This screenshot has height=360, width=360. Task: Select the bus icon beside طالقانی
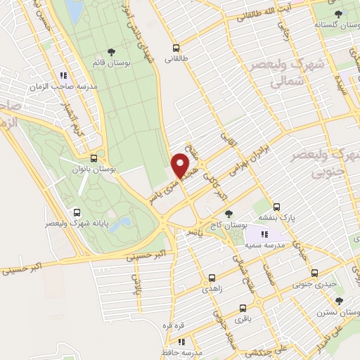point(176,48)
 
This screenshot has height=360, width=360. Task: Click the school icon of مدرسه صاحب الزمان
point(63,75)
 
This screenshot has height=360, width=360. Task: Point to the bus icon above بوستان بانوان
point(94,158)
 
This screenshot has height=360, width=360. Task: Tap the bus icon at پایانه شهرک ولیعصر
point(77,212)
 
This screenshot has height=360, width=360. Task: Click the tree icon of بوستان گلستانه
point(339,13)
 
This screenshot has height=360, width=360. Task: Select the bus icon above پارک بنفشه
point(277,207)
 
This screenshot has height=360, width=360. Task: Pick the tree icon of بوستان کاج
point(227,213)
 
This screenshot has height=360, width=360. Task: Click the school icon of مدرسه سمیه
point(264,234)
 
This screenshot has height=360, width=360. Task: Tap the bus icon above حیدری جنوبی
point(314,273)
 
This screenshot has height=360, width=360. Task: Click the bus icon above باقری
point(243,308)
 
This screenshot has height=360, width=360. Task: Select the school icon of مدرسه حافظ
point(181,341)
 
